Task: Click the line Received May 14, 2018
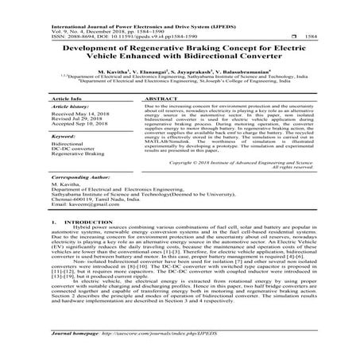tap(82, 114)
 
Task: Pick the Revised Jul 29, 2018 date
tap(79, 120)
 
